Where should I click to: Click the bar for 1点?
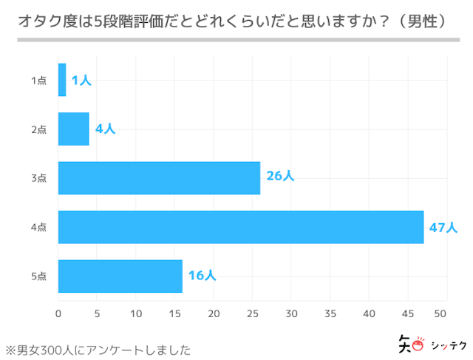62,80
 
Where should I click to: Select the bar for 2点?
74,129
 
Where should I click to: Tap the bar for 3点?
159,178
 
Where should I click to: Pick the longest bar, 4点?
241,227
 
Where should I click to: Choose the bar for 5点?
120,276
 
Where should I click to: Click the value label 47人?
443,227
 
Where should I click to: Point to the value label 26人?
280,177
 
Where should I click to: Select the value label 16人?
202,276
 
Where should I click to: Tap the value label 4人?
105,129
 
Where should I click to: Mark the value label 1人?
81,80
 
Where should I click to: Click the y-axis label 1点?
39,81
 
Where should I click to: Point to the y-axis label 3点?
39,178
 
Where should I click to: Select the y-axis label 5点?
39,276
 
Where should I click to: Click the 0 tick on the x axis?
58,313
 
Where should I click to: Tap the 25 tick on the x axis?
253,313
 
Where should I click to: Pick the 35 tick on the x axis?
330,313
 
